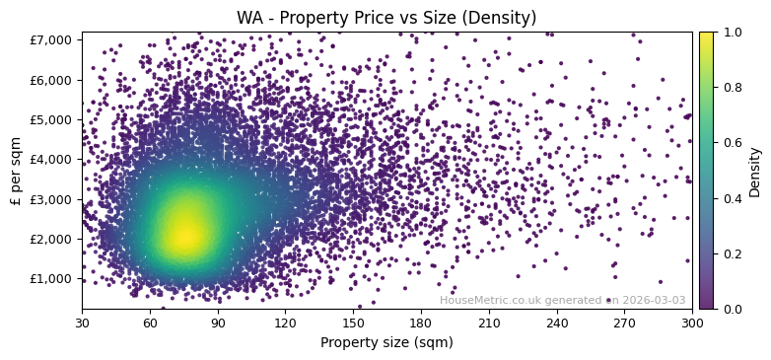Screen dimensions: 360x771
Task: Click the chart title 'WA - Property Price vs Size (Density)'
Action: point(386,18)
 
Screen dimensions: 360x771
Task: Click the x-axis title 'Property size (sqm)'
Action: point(386,342)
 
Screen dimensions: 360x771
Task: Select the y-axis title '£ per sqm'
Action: point(17,171)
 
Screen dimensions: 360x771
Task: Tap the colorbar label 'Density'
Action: point(755,171)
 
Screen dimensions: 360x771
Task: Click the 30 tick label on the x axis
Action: point(82,322)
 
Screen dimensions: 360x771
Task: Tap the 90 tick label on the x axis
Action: point(218,322)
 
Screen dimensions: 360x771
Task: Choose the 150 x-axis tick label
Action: point(353,322)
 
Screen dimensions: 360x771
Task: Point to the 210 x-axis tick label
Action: point(489,322)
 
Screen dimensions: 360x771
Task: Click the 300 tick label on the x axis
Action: point(692,322)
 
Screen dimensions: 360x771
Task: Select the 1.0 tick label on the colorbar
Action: point(731,33)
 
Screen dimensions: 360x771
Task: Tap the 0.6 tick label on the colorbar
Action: point(731,143)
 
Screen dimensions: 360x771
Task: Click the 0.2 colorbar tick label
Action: point(731,253)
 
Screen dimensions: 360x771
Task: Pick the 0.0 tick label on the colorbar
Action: point(731,309)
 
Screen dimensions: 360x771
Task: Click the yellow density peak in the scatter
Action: point(185,234)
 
